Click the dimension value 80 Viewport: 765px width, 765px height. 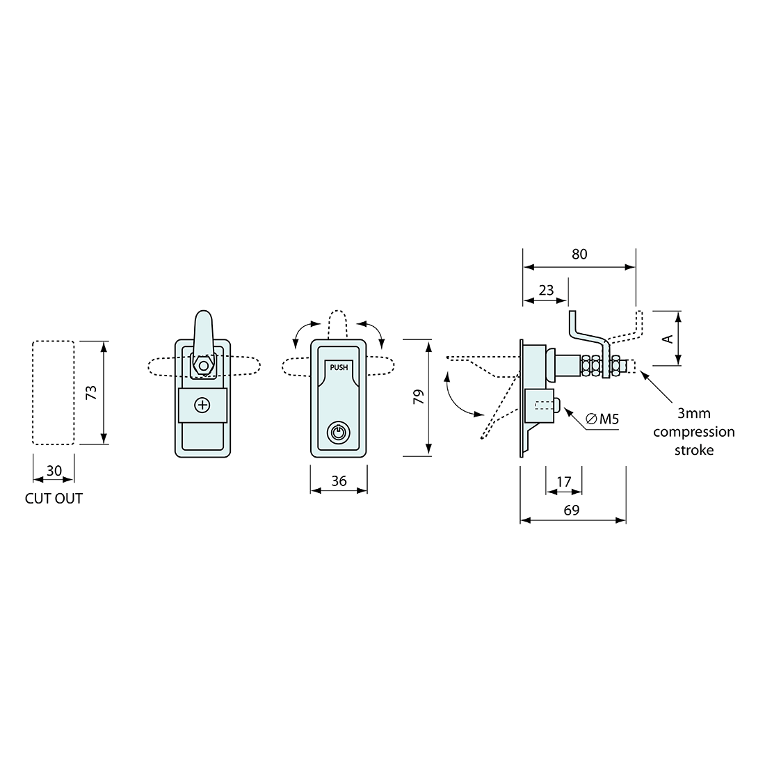coord(579,255)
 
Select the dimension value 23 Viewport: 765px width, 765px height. coord(546,290)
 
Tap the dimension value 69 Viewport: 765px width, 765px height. coord(572,510)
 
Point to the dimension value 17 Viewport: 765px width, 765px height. coord(564,481)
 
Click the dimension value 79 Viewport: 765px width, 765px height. coord(417,397)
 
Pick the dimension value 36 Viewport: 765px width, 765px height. coord(339,480)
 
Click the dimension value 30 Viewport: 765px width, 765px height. coord(54,471)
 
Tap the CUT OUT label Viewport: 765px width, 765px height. coord(54,498)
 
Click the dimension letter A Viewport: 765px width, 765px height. coord(667,339)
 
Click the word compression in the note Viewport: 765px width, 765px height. coord(693,432)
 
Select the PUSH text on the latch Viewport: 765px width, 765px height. coord(339,368)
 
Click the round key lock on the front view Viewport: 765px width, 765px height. coord(338,433)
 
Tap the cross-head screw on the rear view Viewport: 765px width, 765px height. coord(202,405)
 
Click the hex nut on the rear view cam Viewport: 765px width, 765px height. coord(203,365)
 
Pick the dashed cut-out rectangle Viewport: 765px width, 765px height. coord(54,392)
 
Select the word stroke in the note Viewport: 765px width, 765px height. coord(693,450)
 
